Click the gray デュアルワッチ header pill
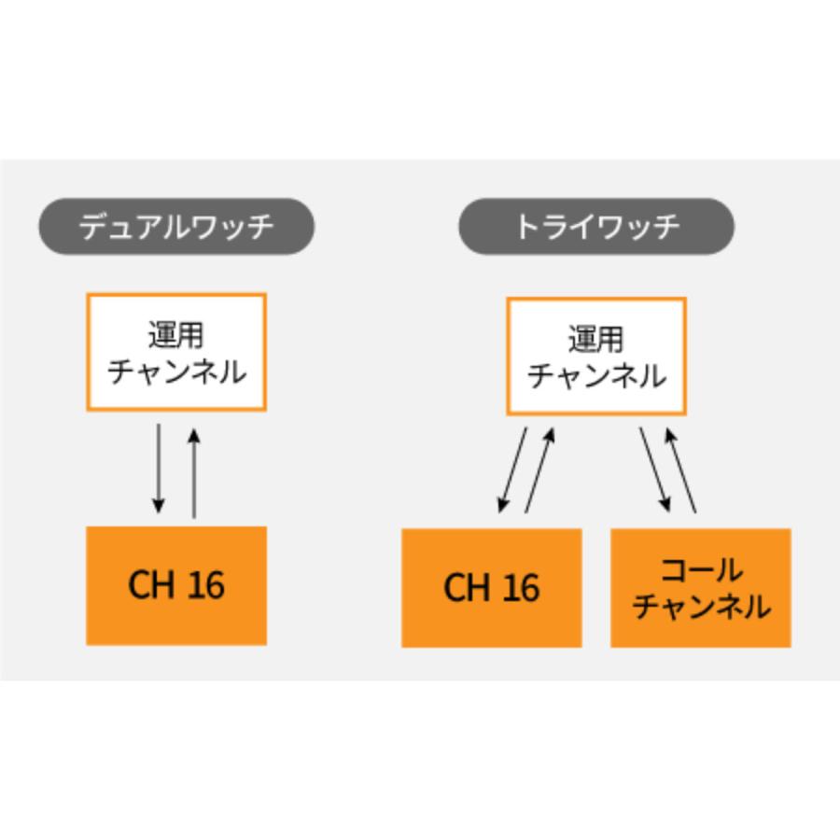coord(175,227)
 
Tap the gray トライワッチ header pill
coord(595,227)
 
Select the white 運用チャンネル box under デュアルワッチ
coord(176,352)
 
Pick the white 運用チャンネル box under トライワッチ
coord(596,356)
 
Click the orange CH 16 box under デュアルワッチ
coord(176,585)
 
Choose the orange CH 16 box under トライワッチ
coord(492,588)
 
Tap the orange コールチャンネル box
coord(701,588)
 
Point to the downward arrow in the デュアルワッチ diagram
coord(159,469)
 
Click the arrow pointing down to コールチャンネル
coord(653,470)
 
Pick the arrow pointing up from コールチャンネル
coord(681,470)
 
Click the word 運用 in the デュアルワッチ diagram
coord(176,334)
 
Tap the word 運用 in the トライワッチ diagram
coord(596,338)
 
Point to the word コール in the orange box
coord(701,569)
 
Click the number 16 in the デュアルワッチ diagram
coord(205,585)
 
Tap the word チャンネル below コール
coord(701,607)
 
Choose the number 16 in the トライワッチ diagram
coord(521,588)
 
